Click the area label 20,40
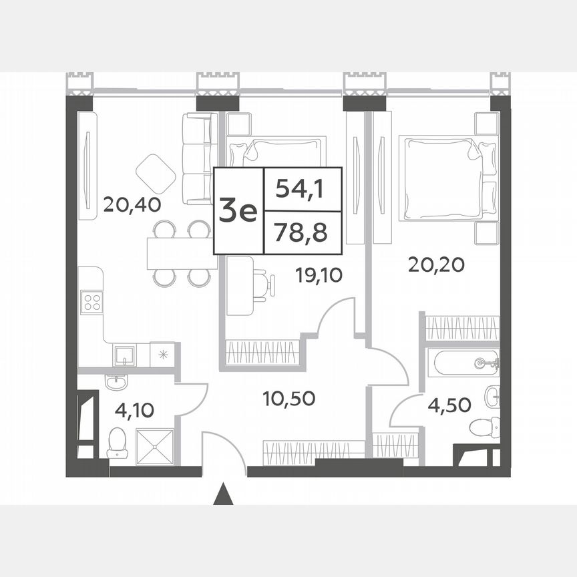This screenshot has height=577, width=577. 132,204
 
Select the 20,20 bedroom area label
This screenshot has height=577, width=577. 436,265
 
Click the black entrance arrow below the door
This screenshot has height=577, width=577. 224,496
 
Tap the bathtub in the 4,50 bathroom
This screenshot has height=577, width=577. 465,363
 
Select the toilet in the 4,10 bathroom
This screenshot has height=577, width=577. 117,442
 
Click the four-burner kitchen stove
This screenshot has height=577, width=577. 91,303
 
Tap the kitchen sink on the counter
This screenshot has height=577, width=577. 124,355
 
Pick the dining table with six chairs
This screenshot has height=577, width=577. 182,254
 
